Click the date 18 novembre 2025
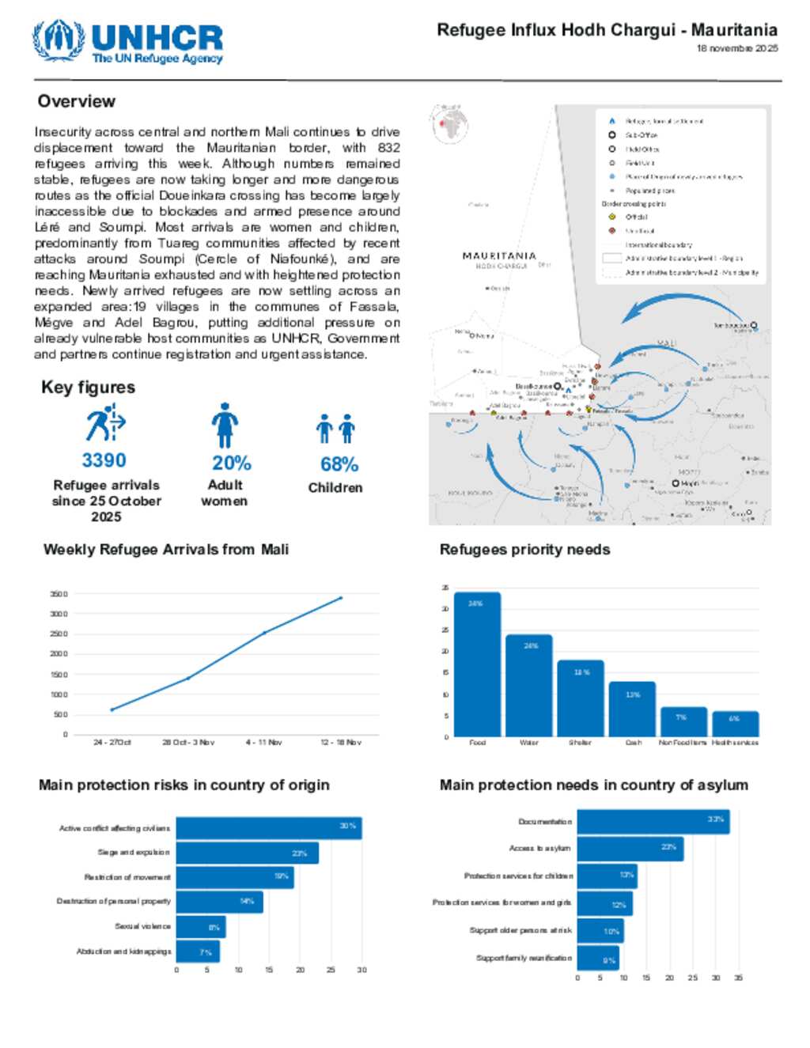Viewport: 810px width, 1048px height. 736,48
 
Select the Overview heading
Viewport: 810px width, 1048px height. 77,101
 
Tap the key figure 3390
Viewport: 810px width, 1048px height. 104,460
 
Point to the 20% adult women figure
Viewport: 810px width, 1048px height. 231,463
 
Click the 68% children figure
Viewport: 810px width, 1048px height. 339,464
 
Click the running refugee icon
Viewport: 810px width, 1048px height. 104,423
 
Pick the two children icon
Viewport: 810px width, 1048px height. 335,428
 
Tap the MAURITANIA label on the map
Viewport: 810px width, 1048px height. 499,255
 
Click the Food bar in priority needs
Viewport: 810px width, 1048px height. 477,664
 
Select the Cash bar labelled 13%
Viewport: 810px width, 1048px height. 632,709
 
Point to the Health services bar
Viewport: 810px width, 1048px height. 735,724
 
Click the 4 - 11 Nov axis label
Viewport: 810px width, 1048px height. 263,743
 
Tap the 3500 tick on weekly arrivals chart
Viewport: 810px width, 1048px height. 59,594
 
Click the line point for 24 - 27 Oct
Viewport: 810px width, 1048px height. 112,709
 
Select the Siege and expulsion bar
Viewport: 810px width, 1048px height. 247,853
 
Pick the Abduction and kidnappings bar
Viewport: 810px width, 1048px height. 198,952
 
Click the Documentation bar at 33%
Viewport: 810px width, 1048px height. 653,821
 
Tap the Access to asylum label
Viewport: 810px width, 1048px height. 539,848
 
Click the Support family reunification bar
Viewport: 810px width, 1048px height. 598,959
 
